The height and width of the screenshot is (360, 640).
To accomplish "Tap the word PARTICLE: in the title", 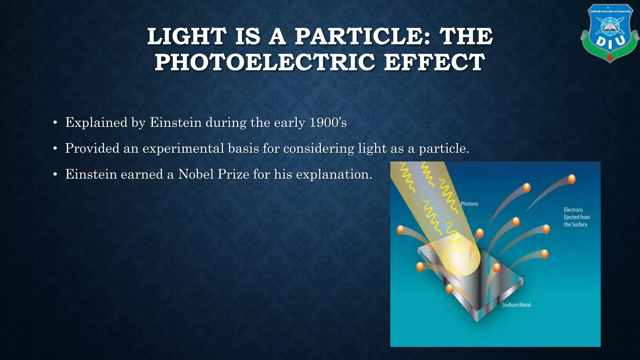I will coord(363,36).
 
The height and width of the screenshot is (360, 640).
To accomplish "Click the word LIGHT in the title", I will coord(187,36).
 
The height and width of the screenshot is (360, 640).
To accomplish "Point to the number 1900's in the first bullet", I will coord(328,122).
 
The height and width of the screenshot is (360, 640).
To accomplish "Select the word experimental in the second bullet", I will coord(183,148).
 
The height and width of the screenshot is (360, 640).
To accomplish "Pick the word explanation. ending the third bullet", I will coord(334,174).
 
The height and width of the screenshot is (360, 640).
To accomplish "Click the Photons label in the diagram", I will coord(469,204).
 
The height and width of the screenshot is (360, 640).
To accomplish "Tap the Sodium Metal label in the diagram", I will coord(516,305).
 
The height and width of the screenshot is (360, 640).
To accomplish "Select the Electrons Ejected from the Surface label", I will coord(577,217).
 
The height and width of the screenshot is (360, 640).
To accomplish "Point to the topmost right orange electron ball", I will coord(571,179).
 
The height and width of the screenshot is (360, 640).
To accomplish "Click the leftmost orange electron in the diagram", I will coord(400,230).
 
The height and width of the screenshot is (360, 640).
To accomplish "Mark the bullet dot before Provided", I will coord(55,149).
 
